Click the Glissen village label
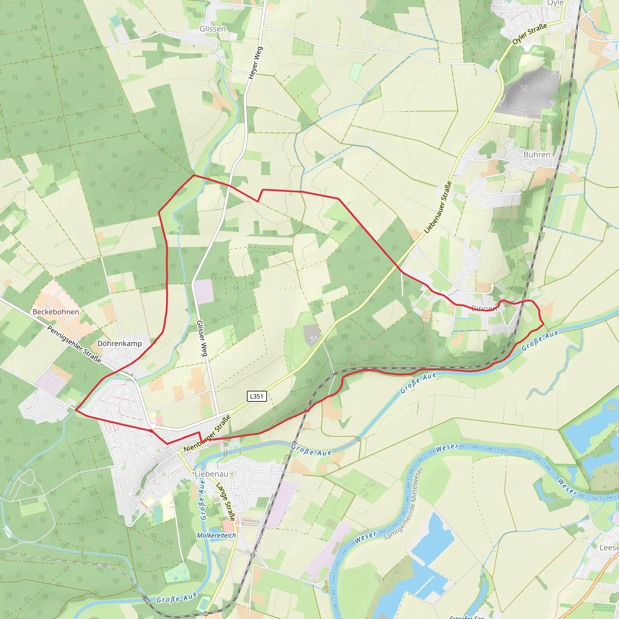(212, 29)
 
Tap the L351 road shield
(256, 396)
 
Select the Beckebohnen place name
(56, 312)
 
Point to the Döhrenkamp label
(119, 343)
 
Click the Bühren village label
(537, 154)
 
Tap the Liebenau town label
(212, 474)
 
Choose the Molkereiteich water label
(216, 535)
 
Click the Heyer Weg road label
(256, 63)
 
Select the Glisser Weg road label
(202, 338)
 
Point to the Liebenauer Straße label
(438, 207)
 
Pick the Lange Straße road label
(226, 502)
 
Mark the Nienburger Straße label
(207, 433)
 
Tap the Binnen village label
(484, 308)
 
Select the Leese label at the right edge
(609, 548)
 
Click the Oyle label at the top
(555, 3)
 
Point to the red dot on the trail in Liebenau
(151, 431)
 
